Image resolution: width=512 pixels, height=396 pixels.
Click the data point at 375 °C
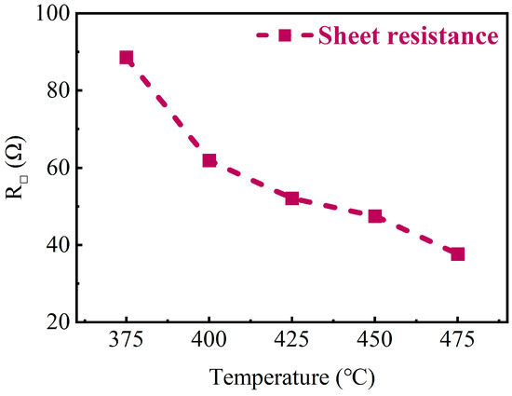click(x=127, y=58)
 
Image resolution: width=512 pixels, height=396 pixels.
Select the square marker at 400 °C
click(x=209, y=161)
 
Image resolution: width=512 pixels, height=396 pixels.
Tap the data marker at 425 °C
click(x=292, y=198)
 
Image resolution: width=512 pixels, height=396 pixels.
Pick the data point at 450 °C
click(x=375, y=216)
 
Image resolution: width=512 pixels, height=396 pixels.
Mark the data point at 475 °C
click(x=457, y=253)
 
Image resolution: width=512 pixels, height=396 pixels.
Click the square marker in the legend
click(x=285, y=35)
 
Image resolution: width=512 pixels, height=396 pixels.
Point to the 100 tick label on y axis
click(x=53, y=15)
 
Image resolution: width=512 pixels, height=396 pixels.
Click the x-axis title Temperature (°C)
click(x=291, y=377)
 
